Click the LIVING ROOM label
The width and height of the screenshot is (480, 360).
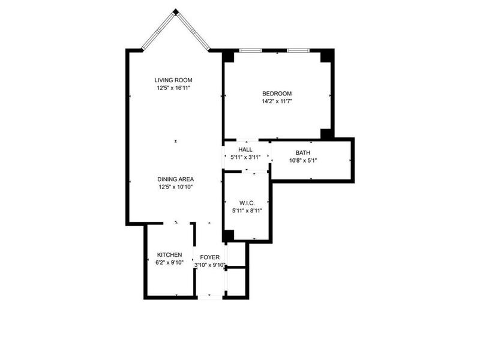click(x=173, y=80)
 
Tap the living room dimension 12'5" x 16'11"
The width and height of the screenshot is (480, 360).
click(x=173, y=88)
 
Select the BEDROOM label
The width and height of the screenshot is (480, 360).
click(x=277, y=93)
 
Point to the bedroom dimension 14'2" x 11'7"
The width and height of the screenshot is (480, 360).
click(x=277, y=101)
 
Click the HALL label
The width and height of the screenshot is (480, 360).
click(x=245, y=149)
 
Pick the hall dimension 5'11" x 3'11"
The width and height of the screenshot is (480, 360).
click(x=245, y=157)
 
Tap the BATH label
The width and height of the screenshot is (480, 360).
click(x=303, y=153)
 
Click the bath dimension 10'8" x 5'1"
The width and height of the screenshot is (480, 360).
click(x=303, y=161)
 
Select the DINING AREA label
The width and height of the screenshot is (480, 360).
click(x=176, y=179)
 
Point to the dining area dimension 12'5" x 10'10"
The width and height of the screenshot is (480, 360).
click(x=176, y=187)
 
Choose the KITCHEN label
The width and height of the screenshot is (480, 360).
click(x=170, y=255)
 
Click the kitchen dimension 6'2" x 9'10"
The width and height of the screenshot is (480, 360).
click(x=170, y=263)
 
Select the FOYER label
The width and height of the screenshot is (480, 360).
click(x=210, y=257)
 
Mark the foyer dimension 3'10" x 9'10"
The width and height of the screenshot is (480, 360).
click(x=210, y=265)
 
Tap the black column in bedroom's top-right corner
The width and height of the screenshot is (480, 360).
click(x=326, y=55)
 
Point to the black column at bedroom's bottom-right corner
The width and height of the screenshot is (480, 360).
click(x=326, y=133)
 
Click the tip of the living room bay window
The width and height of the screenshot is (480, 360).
click(x=175, y=11)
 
